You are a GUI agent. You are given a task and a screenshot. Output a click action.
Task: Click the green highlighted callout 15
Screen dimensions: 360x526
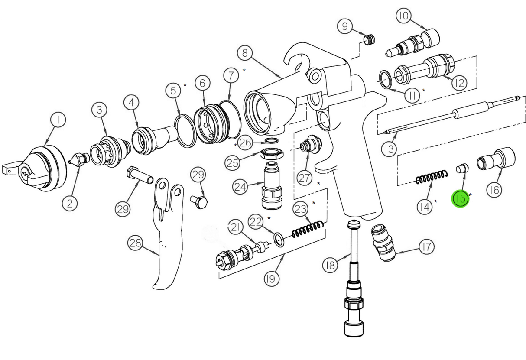point(460,199)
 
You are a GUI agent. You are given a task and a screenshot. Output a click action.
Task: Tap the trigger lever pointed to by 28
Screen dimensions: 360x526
point(167,243)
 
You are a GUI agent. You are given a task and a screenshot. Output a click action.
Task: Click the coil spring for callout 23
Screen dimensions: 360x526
point(308,229)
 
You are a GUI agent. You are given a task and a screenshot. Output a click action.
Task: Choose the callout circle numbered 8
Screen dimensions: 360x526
point(245,53)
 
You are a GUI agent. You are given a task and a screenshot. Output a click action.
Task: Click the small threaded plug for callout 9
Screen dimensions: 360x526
point(369,40)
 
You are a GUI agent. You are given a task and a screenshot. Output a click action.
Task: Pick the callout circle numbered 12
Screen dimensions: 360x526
point(458,82)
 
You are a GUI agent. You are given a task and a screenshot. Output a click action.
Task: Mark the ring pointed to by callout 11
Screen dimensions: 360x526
point(387,78)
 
